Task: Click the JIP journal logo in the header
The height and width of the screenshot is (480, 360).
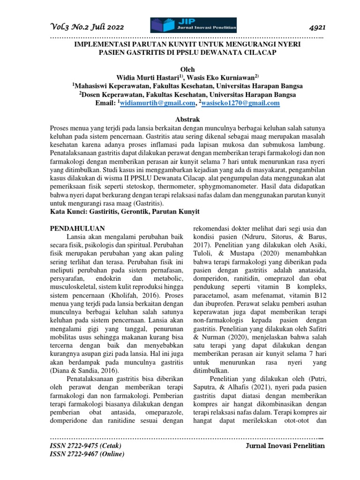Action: pyautogui.click(x=193, y=25)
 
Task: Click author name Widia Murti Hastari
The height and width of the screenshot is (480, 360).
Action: pyautogui.click(x=148, y=77)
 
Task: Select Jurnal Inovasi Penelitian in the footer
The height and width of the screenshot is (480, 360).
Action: pyautogui.click(x=285, y=446)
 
